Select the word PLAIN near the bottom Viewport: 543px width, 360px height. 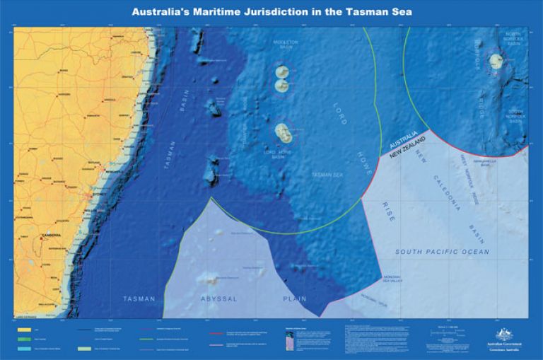click(x=295, y=298)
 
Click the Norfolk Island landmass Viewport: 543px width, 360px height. click(x=497, y=62)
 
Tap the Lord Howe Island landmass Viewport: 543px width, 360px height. click(x=283, y=132)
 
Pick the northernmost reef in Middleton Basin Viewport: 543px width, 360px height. click(x=283, y=72)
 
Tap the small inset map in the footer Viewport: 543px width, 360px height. click(x=288, y=339)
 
